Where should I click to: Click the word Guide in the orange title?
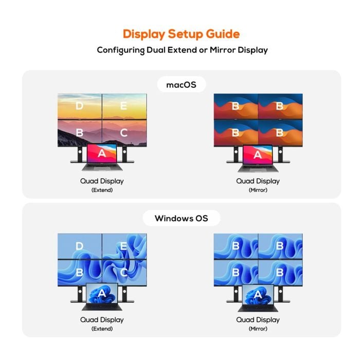[223, 34]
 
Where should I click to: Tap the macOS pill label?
[182, 85]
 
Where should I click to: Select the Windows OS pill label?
[182, 218]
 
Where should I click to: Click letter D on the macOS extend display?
[79, 106]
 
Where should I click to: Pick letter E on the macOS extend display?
[123, 106]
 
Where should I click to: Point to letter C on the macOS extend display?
[124, 133]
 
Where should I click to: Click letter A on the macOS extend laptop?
[102, 153]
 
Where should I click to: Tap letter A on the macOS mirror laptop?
[258, 155]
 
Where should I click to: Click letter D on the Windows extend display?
[79, 246]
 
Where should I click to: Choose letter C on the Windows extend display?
[124, 273]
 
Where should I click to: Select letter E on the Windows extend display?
[123, 246]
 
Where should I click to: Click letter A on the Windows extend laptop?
[102, 293]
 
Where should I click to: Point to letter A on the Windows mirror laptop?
[258, 294]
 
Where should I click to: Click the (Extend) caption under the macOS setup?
[102, 190]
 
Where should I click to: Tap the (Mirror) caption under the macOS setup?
[258, 190]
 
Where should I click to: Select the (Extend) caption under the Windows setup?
[102, 329]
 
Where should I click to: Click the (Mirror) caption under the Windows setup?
[258, 329]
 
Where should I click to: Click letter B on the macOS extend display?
[79, 133]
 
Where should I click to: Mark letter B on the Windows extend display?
[79, 273]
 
